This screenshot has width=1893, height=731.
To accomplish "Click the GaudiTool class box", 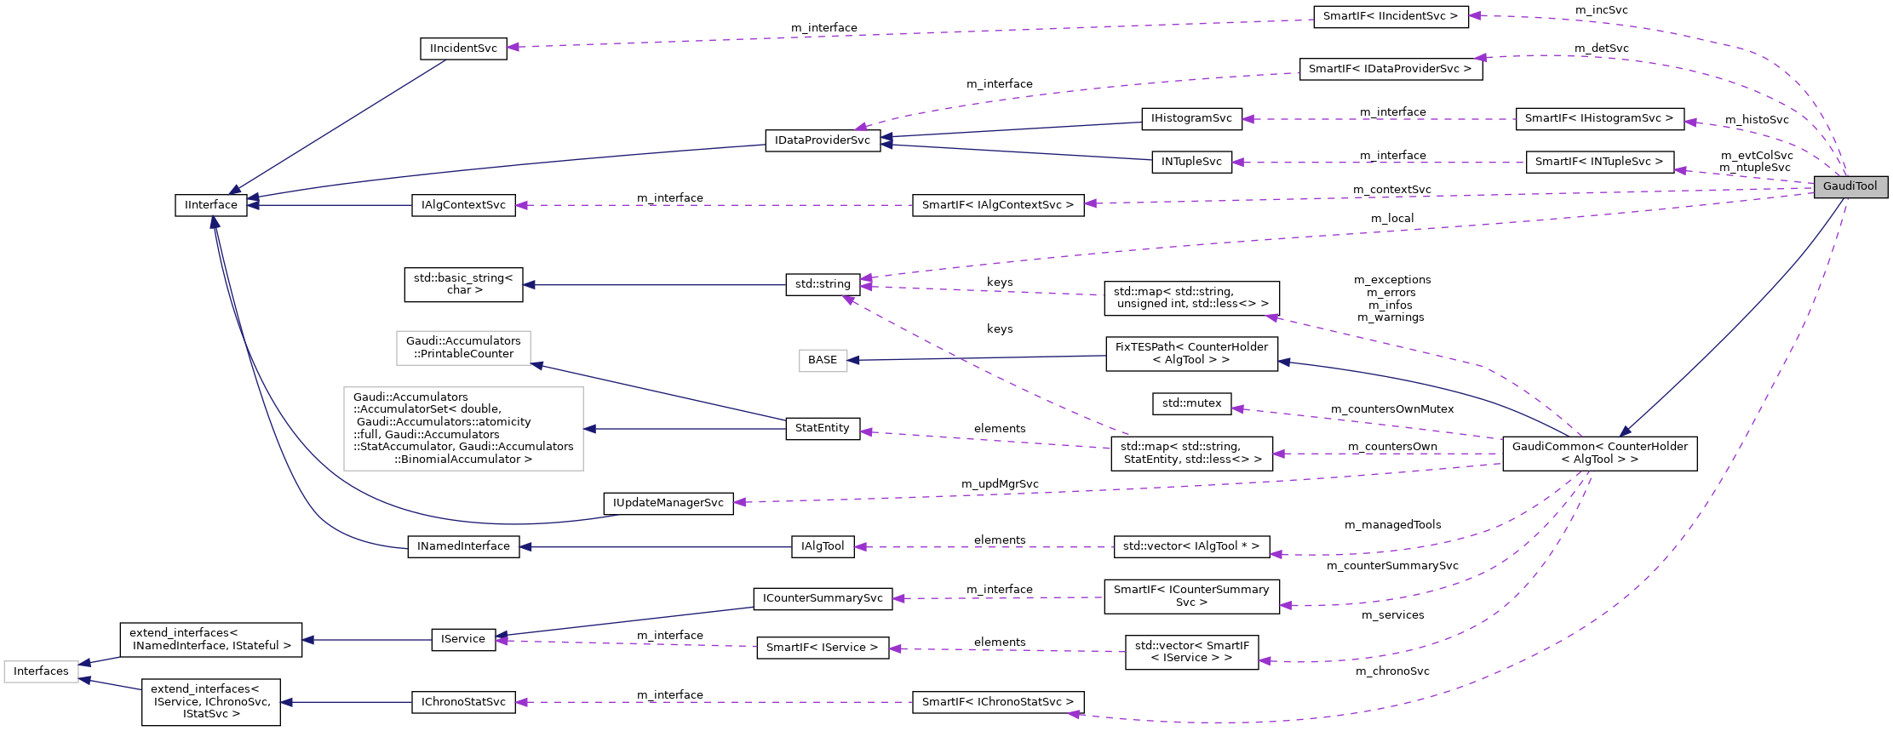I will click(1850, 187).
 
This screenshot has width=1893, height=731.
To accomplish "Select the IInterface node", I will click(211, 205).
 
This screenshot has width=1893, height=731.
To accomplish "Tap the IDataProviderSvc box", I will click(822, 140).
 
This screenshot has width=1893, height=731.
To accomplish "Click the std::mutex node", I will click(1191, 403).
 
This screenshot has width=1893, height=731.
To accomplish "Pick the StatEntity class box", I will click(822, 428).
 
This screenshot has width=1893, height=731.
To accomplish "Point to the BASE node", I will click(822, 360).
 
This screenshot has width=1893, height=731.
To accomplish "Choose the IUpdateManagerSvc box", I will click(668, 503).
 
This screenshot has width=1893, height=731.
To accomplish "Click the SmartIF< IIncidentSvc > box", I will click(1390, 16).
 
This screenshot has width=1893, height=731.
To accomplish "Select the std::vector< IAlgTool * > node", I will click(1190, 546).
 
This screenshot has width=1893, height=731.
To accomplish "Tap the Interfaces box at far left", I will click(41, 671).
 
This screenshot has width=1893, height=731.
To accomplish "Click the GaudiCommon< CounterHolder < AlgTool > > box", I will click(1599, 453).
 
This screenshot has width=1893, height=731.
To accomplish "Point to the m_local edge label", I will click(1391, 219).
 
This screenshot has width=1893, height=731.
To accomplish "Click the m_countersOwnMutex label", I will click(1391, 409).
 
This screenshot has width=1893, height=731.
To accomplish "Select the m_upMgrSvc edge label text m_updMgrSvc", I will click(1000, 484).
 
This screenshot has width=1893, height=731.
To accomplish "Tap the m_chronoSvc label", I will click(1392, 671).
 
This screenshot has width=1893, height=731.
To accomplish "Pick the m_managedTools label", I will click(1392, 525).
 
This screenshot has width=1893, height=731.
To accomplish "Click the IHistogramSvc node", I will click(1190, 118).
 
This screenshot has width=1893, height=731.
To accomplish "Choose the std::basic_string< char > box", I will click(463, 284).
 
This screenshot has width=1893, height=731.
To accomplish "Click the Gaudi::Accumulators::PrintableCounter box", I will click(463, 347).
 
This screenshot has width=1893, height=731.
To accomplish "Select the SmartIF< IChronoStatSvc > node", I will click(997, 702).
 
